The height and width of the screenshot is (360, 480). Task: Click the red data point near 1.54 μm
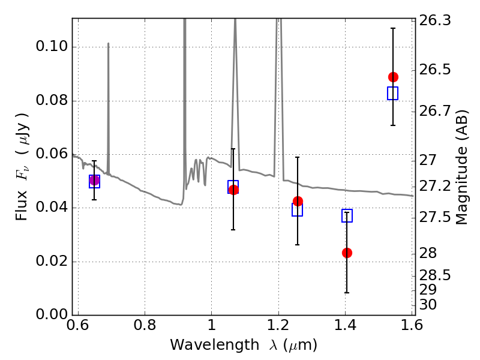pos(393,77)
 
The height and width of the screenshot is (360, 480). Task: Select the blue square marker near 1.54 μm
pos(393,93)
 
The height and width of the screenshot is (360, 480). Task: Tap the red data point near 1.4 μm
pos(347,253)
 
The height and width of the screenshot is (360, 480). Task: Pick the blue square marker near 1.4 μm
pos(347,215)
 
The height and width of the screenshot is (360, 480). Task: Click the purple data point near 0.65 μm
pos(94,180)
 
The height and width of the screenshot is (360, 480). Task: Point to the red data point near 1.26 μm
pos(298,201)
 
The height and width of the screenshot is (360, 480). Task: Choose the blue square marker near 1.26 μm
pos(298,210)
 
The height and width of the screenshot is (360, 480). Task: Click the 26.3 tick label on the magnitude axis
pos(436,21)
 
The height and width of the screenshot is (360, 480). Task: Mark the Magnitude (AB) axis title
pos(462,167)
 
